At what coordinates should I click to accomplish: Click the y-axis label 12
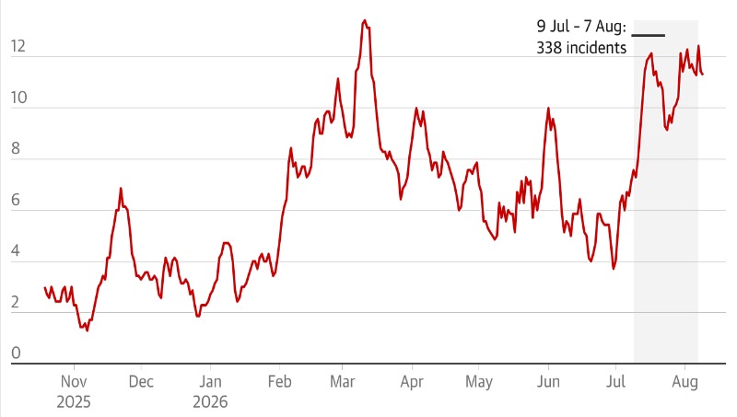[x=18, y=47]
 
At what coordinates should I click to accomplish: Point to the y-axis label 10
[x=18, y=98]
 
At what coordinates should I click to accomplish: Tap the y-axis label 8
[x=16, y=149]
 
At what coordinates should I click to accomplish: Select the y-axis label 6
[x=16, y=200]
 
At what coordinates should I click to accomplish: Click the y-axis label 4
[x=16, y=250]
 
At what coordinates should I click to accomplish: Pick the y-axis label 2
[x=16, y=302]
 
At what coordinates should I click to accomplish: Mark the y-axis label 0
[x=16, y=353]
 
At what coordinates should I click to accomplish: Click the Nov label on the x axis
[x=74, y=381]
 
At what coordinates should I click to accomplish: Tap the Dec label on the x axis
[x=141, y=381]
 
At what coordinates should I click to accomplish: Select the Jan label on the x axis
[x=210, y=381]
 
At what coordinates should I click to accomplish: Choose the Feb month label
[x=280, y=381]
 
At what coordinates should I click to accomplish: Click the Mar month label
[x=342, y=381]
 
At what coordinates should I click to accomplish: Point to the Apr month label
[x=412, y=382]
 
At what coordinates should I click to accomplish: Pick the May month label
[x=478, y=382]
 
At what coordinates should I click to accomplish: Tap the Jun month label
[x=548, y=381]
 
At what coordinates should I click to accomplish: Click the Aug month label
[x=684, y=382]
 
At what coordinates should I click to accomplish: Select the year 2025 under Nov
[x=74, y=402]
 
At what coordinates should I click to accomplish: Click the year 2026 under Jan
[x=210, y=402]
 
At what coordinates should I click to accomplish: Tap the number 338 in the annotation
[x=549, y=48]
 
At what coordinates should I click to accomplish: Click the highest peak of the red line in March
[x=365, y=20]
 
